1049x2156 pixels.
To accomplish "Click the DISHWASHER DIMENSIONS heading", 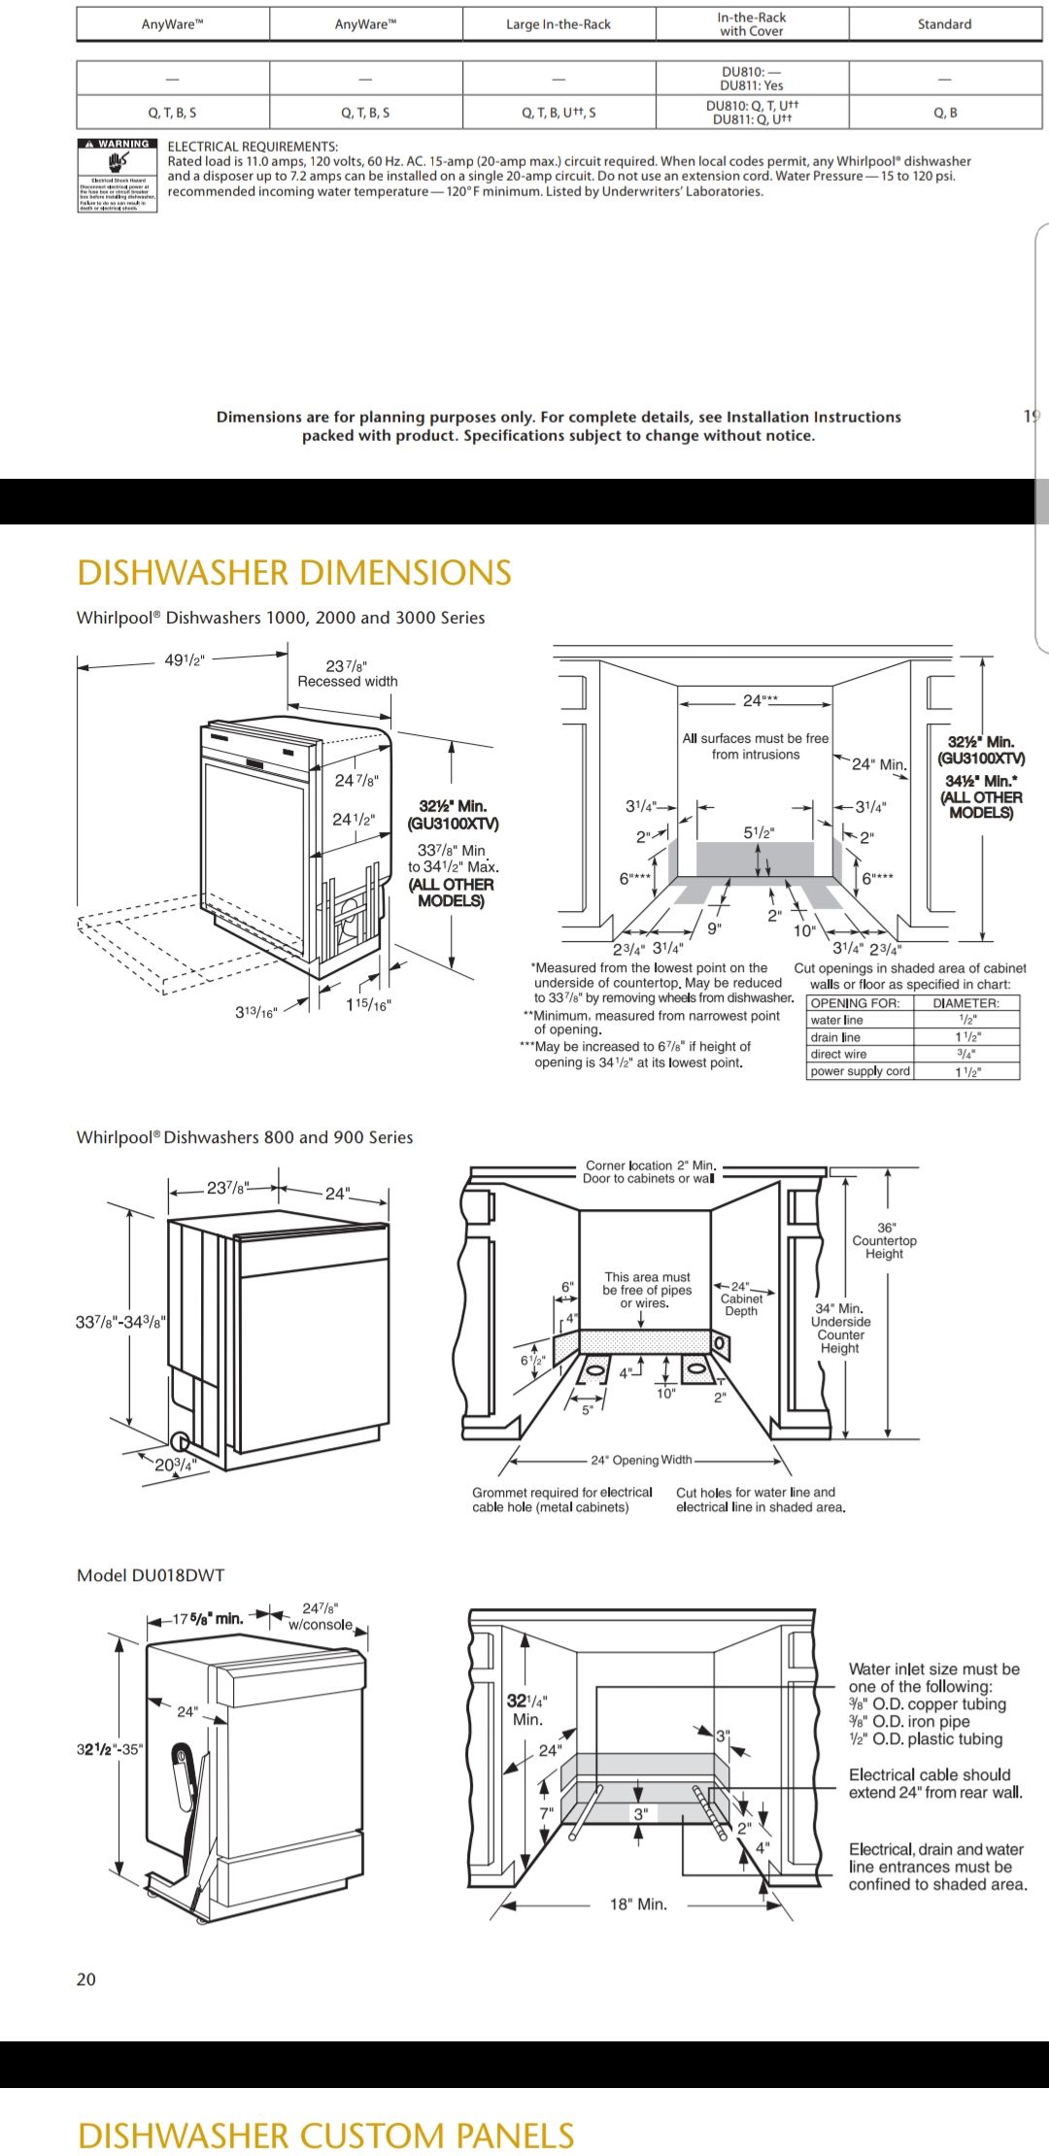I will pos(293,573).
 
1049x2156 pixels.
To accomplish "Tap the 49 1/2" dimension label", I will pos(185,660).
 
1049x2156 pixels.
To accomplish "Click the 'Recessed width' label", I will pos(348,682).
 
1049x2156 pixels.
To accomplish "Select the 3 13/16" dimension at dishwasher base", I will pos(256,1012).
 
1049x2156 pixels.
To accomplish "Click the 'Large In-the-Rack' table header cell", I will pos(558,24).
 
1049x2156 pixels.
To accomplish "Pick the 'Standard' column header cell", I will pos(944,24).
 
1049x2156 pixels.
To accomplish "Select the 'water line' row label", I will pos(836,1020).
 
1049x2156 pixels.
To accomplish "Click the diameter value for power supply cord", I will pos(966,1071).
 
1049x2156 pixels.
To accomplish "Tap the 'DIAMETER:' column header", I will pos(965,1003).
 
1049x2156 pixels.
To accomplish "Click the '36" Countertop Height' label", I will pos(884,1240).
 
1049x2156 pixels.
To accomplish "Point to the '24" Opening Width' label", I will pos(641,1460).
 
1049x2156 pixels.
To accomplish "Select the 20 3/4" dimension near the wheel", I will pos(176,1465).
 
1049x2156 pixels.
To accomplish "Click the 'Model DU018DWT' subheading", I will pos(151,1575).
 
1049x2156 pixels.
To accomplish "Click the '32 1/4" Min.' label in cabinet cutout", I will pos(527,1709).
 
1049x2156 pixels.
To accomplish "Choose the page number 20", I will pos(86,1979).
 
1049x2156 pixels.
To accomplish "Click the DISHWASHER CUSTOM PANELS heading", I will pos(325,2136).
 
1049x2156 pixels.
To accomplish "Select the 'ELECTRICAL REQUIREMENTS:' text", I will pos(253,146).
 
